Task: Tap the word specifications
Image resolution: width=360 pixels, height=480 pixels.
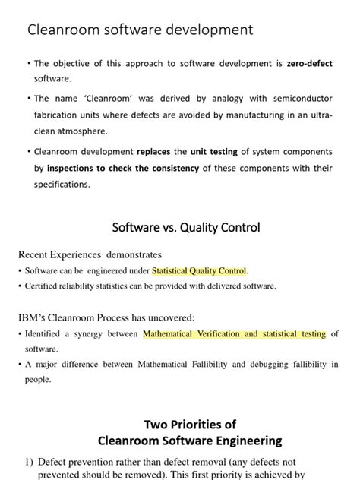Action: (62, 185)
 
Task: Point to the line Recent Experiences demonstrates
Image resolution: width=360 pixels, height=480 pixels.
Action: (90, 254)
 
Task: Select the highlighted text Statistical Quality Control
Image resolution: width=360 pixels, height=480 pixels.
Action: (199, 270)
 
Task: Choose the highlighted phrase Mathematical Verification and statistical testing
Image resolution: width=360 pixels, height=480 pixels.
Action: (234, 333)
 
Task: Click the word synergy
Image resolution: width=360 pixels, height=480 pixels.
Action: (111, 333)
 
